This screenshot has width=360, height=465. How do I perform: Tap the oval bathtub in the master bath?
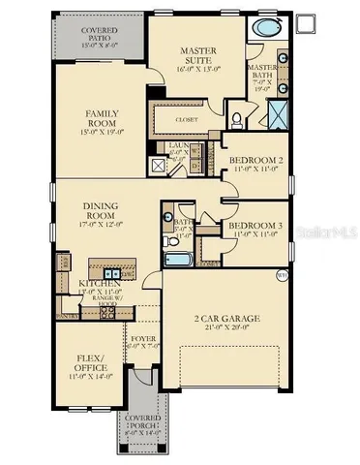coord(262,30)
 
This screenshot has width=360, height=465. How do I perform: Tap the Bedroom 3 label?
coord(255,230)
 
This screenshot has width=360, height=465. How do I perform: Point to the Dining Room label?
coord(102,212)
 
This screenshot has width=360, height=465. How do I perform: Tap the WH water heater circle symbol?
coord(282,275)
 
